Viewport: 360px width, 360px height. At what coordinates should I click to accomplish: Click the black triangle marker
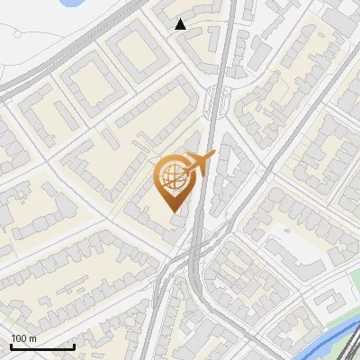click(x=181, y=24)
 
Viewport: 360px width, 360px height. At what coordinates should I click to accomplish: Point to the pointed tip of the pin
click(x=173, y=211)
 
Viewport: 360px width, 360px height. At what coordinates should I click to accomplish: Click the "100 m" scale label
click(x=23, y=339)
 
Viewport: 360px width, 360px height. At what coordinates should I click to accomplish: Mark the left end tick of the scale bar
click(x=11, y=345)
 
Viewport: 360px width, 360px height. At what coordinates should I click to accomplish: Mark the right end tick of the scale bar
click(x=75, y=345)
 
